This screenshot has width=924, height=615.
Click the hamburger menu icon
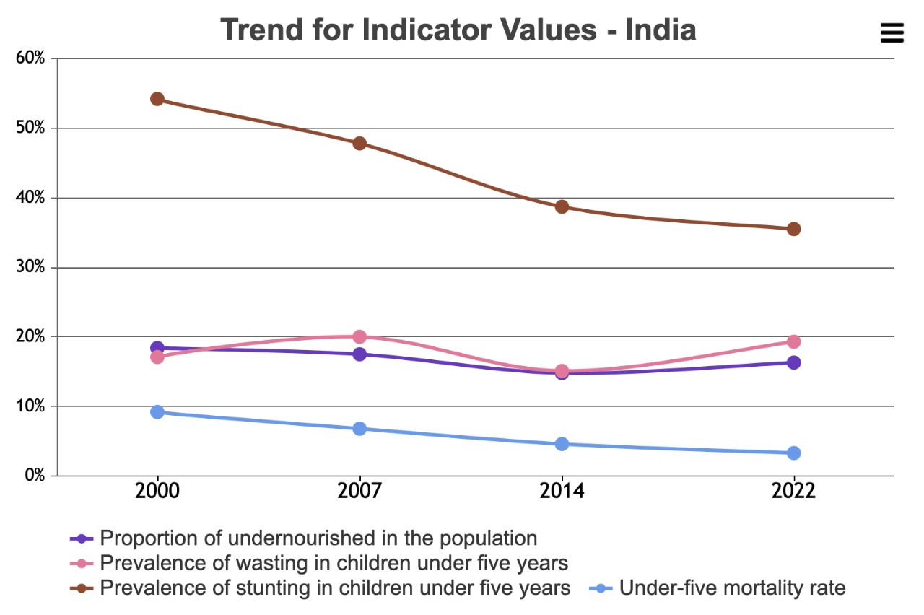pyautogui.click(x=892, y=32)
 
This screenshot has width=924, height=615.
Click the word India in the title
pyautogui.click(x=661, y=30)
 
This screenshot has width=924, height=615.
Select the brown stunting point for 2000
pyautogui.click(x=157, y=99)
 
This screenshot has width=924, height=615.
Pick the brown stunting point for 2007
pyautogui.click(x=359, y=144)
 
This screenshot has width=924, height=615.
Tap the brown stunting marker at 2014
pyautogui.click(x=562, y=206)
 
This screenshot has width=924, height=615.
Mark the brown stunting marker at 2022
pyautogui.click(x=793, y=229)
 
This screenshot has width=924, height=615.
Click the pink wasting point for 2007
pyautogui.click(x=359, y=336)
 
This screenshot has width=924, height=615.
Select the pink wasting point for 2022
pyautogui.click(x=793, y=341)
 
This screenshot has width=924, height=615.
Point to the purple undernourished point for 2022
pyautogui.click(x=793, y=362)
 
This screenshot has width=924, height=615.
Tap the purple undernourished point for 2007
pyautogui.click(x=359, y=354)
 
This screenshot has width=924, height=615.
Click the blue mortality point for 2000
pyautogui.click(x=157, y=411)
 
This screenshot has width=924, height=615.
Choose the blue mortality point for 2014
pyautogui.click(x=562, y=444)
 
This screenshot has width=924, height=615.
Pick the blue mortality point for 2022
pyautogui.click(x=793, y=453)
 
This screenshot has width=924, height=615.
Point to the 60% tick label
pyautogui.click(x=30, y=58)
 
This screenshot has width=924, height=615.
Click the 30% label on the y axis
pyautogui.click(x=30, y=267)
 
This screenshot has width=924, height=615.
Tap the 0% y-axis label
pyautogui.click(x=35, y=476)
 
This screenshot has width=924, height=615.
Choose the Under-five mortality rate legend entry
pyautogui.click(x=718, y=588)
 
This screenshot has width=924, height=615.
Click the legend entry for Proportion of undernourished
pyautogui.click(x=304, y=538)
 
